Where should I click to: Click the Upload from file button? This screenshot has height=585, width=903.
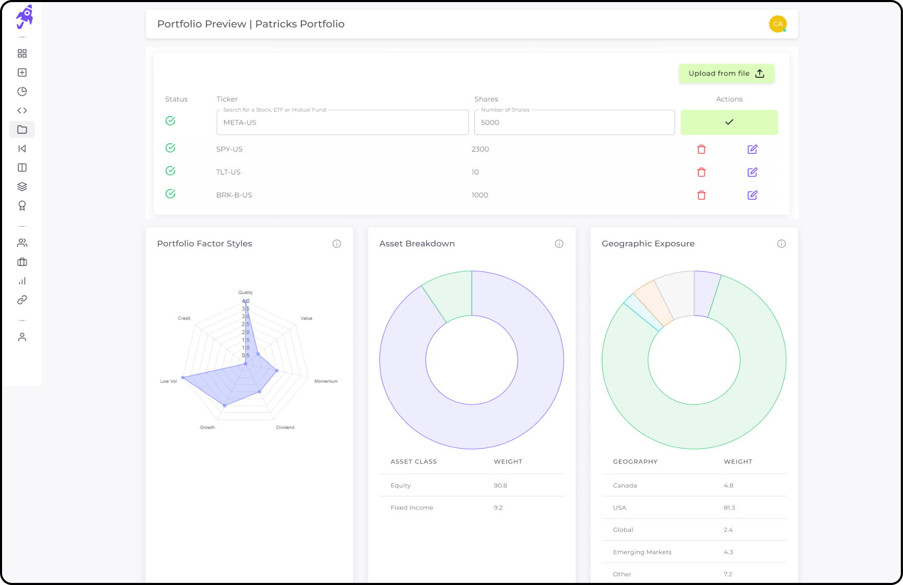coord(726,74)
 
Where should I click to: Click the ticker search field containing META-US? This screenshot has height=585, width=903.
coord(342,123)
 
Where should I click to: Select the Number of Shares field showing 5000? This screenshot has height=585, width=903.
coord(574,123)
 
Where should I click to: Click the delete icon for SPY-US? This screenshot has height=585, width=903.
coord(701,149)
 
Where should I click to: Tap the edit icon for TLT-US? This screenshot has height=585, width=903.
coord(752,172)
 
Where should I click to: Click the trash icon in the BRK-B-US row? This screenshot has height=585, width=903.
coord(701,195)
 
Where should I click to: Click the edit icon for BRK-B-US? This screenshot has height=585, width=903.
coord(752,195)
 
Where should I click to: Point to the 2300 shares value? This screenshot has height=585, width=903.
coord(480,149)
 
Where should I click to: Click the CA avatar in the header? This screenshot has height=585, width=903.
coord(777,24)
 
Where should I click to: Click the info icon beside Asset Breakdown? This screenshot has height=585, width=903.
coord(559,243)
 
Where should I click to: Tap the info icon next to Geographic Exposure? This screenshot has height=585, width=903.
coord(781,243)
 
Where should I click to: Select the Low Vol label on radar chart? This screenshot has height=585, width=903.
coord(168,381)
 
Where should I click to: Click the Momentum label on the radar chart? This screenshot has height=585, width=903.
coord(326,381)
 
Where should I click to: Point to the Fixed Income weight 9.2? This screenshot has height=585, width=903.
coord(498,508)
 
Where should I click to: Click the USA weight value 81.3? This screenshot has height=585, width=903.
coord(729,508)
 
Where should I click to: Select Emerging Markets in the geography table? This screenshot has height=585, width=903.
coord(642,552)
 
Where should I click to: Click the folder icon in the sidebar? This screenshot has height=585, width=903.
coord(22,129)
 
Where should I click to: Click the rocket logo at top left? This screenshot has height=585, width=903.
coord(24,17)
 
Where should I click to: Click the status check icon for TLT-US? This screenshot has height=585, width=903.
coord(170,171)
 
